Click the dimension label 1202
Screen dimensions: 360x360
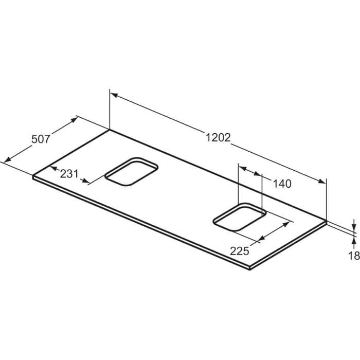point(218,138)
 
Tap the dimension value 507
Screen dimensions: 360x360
point(41,139)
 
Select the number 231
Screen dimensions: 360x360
point(69,173)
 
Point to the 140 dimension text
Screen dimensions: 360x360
point(282,184)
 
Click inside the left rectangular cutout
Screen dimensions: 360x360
point(132,171)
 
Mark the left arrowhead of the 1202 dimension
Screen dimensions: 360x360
point(114,95)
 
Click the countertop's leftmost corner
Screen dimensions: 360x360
point(33,176)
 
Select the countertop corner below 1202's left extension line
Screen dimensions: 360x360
point(110,130)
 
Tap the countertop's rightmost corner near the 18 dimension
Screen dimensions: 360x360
point(327,221)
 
